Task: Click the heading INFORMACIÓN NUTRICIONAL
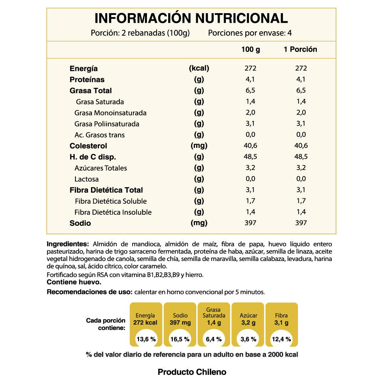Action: pyautogui.click(x=191, y=18)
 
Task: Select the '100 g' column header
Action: pyautogui.click(x=251, y=49)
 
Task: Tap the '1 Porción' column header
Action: pyautogui.click(x=300, y=49)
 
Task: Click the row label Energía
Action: pyautogui.click(x=84, y=69)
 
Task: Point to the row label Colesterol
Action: pyautogui.click(x=88, y=146)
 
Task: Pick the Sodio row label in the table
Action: pyautogui.click(x=80, y=223)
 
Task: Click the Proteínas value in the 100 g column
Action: pyautogui.click(x=251, y=79)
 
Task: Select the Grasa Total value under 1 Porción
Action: pyautogui.click(x=301, y=90)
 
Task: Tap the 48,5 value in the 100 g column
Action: pyautogui.click(x=251, y=156)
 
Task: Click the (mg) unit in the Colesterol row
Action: pyautogui.click(x=199, y=146)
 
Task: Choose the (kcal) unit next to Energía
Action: pyautogui.click(x=199, y=68)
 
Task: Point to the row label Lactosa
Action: pyautogui.click(x=87, y=179)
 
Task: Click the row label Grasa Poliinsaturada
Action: pyautogui.click(x=107, y=124)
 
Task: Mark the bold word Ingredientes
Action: pyautogui.click(x=68, y=244)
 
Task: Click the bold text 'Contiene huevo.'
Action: pyautogui.click(x=74, y=282)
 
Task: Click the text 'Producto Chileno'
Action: pyautogui.click(x=192, y=372)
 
